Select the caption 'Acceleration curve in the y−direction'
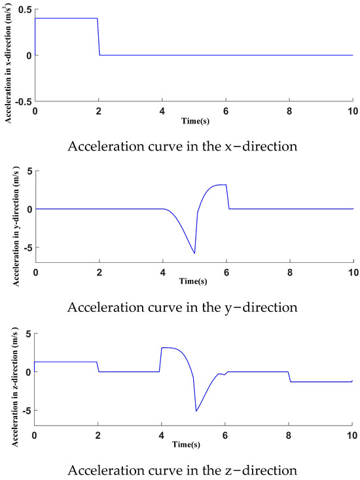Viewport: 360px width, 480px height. tap(183, 307)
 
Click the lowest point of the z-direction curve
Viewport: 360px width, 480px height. tap(196, 411)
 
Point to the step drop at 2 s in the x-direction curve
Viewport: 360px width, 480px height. tap(99, 37)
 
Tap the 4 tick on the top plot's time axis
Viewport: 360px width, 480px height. tap(162, 111)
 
